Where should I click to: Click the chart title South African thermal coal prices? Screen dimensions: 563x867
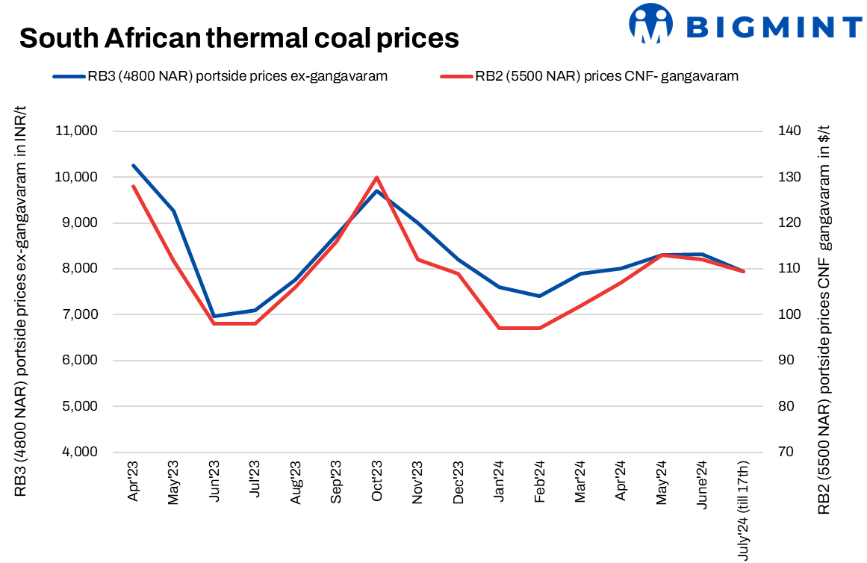[x=238, y=37]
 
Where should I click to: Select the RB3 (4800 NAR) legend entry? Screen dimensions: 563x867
[x=220, y=76]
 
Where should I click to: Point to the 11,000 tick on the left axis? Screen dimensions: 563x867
[x=77, y=131]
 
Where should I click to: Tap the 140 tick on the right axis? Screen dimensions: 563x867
[x=789, y=131]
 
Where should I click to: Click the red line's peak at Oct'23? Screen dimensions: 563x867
[x=377, y=177]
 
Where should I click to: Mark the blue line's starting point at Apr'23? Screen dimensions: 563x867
[x=133, y=165]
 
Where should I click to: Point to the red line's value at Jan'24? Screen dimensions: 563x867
[x=499, y=328]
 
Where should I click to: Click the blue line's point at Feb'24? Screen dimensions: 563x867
[x=540, y=296]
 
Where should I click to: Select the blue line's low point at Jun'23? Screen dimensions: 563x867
[x=214, y=316]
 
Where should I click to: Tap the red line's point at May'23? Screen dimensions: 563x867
[x=174, y=261]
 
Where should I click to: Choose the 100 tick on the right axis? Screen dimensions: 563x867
[x=789, y=314]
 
